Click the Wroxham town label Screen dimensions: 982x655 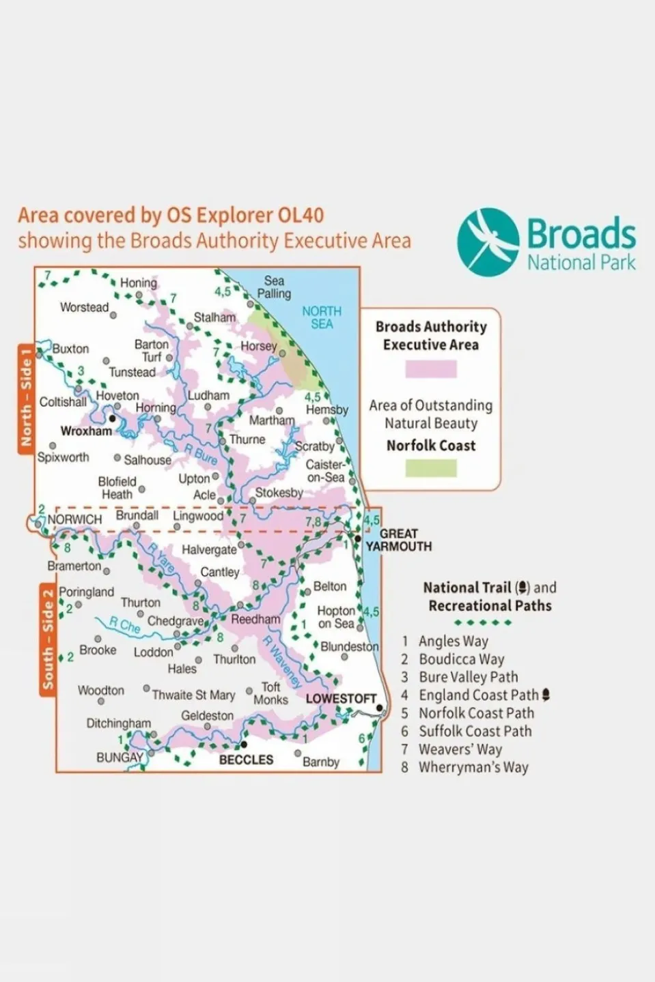pos(86,431)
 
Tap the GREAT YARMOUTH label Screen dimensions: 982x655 pos(398,540)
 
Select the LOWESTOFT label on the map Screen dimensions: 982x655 pos(341,699)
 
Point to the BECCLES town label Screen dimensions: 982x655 pos(246,760)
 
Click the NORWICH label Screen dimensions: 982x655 pos(74,519)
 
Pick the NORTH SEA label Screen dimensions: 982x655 pos(322,317)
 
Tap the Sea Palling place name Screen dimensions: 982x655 pos(274,287)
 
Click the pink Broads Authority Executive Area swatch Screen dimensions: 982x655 pos(431,369)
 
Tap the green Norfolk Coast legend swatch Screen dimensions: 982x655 pos(431,468)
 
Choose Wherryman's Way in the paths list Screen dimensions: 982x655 pos(473,767)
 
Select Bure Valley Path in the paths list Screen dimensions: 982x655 pos(468,677)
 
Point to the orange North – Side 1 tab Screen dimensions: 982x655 pos(26,397)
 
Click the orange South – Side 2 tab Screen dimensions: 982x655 pos(48,639)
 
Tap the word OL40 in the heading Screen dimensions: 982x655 pos(301,215)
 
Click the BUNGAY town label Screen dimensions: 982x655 pos(120,757)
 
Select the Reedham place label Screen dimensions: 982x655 pos(255,620)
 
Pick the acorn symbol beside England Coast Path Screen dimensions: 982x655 pos(546,695)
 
